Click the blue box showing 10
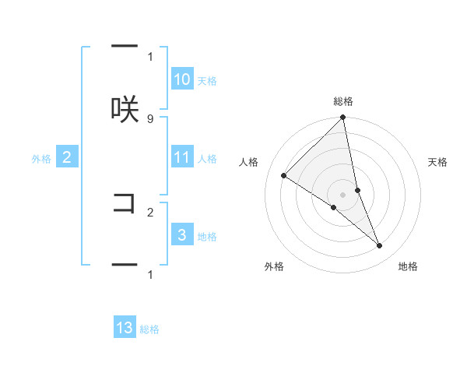point(182,79)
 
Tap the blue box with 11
point(182,157)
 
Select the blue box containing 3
point(182,235)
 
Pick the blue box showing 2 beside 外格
point(67,157)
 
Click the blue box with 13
point(125,328)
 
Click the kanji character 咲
point(125,109)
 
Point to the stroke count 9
point(150,118)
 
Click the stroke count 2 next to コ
point(150,211)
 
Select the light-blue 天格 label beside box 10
point(207,81)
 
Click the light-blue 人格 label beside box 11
point(207,159)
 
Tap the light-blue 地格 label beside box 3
point(207,237)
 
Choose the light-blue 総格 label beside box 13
point(149,329)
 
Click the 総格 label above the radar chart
point(343,101)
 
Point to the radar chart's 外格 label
point(274,266)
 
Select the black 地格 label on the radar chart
point(408,266)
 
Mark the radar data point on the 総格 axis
point(343,118)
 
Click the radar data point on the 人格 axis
point(284,175)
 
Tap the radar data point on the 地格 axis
point(380,245)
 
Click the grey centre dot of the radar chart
point(343,194)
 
